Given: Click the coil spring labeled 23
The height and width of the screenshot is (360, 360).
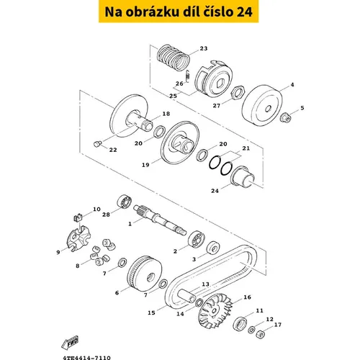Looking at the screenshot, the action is pyautogui.click(x=174, y=58).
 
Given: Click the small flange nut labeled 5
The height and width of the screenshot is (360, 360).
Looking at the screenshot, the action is pyautogui.click(x=286, y=117).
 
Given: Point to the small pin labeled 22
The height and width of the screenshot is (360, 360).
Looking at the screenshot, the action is pyautogui.click(x=97, y=144).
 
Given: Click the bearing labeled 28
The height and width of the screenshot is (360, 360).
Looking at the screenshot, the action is pyautogui.click(x=125, y=202).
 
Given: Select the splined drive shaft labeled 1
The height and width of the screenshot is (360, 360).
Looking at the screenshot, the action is pyautogui.click(x=160, y=220).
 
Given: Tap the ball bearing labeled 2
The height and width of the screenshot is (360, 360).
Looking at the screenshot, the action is pyautogui.click(x=197, y=239).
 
